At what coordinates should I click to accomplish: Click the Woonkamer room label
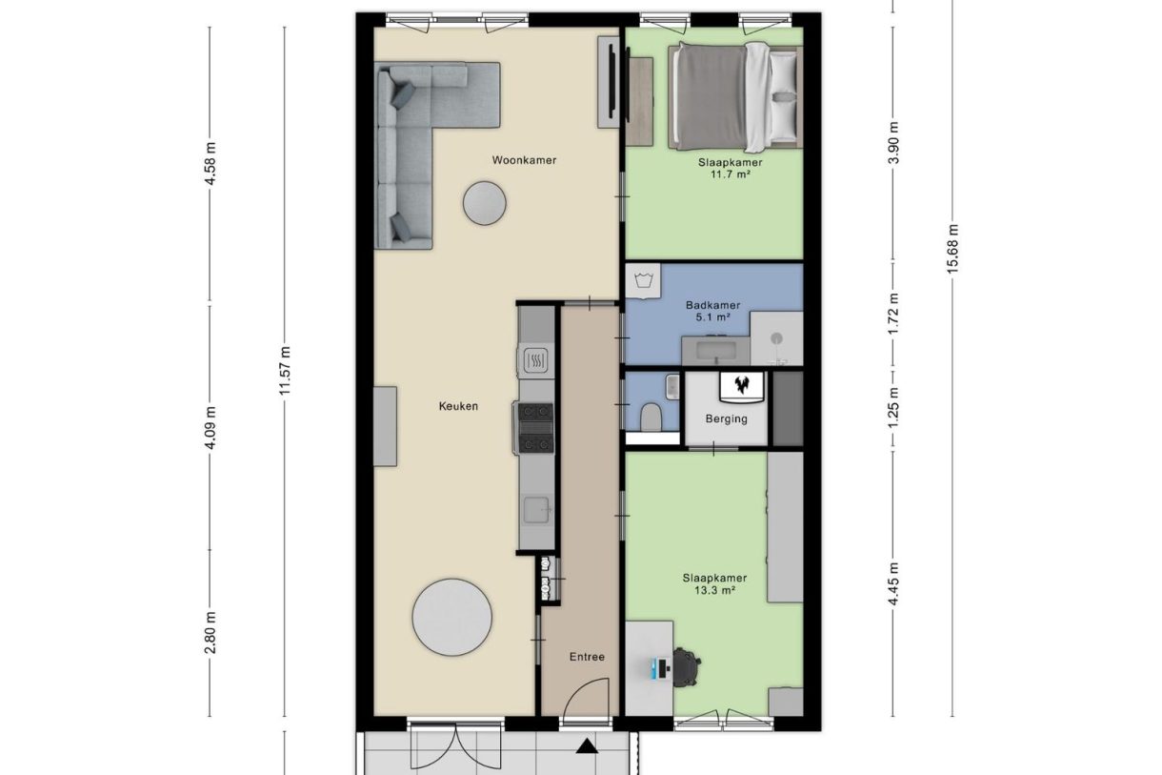524,160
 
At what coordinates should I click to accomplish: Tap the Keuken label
458,406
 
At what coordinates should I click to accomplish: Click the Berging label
726,418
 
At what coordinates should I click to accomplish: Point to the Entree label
587,657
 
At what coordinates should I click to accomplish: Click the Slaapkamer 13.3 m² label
713,583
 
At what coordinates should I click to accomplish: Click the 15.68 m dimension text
952,248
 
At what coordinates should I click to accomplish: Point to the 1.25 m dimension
893,407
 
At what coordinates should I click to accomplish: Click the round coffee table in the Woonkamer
485,203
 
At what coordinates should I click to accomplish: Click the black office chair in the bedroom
688,667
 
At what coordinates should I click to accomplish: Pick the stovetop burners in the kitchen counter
535,427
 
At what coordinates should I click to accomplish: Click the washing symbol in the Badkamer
644,280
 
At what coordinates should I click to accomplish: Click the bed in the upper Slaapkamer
733,95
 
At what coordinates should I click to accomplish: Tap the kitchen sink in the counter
537,511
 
